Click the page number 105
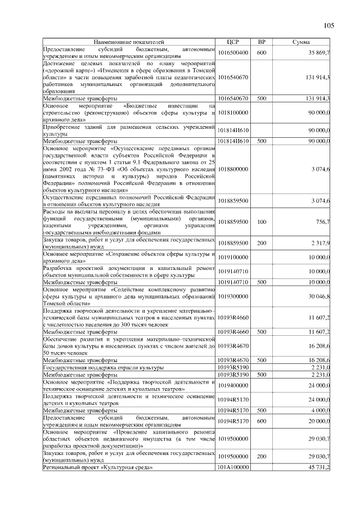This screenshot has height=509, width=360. tap(329, 26)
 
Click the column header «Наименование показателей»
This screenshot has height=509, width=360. tap(129, 42)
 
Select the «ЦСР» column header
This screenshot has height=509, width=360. tap(233, 42)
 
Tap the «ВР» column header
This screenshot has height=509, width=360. tap(261, 42)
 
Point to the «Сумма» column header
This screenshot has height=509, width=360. tap(302, 42)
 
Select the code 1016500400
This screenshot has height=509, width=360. tap(233, 52)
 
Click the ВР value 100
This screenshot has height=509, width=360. tap(261, 222)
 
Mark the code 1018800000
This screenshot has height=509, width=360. tap(233, 169)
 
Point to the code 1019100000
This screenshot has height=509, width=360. tap(233, 257)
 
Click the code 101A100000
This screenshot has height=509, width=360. tap(233, 467)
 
